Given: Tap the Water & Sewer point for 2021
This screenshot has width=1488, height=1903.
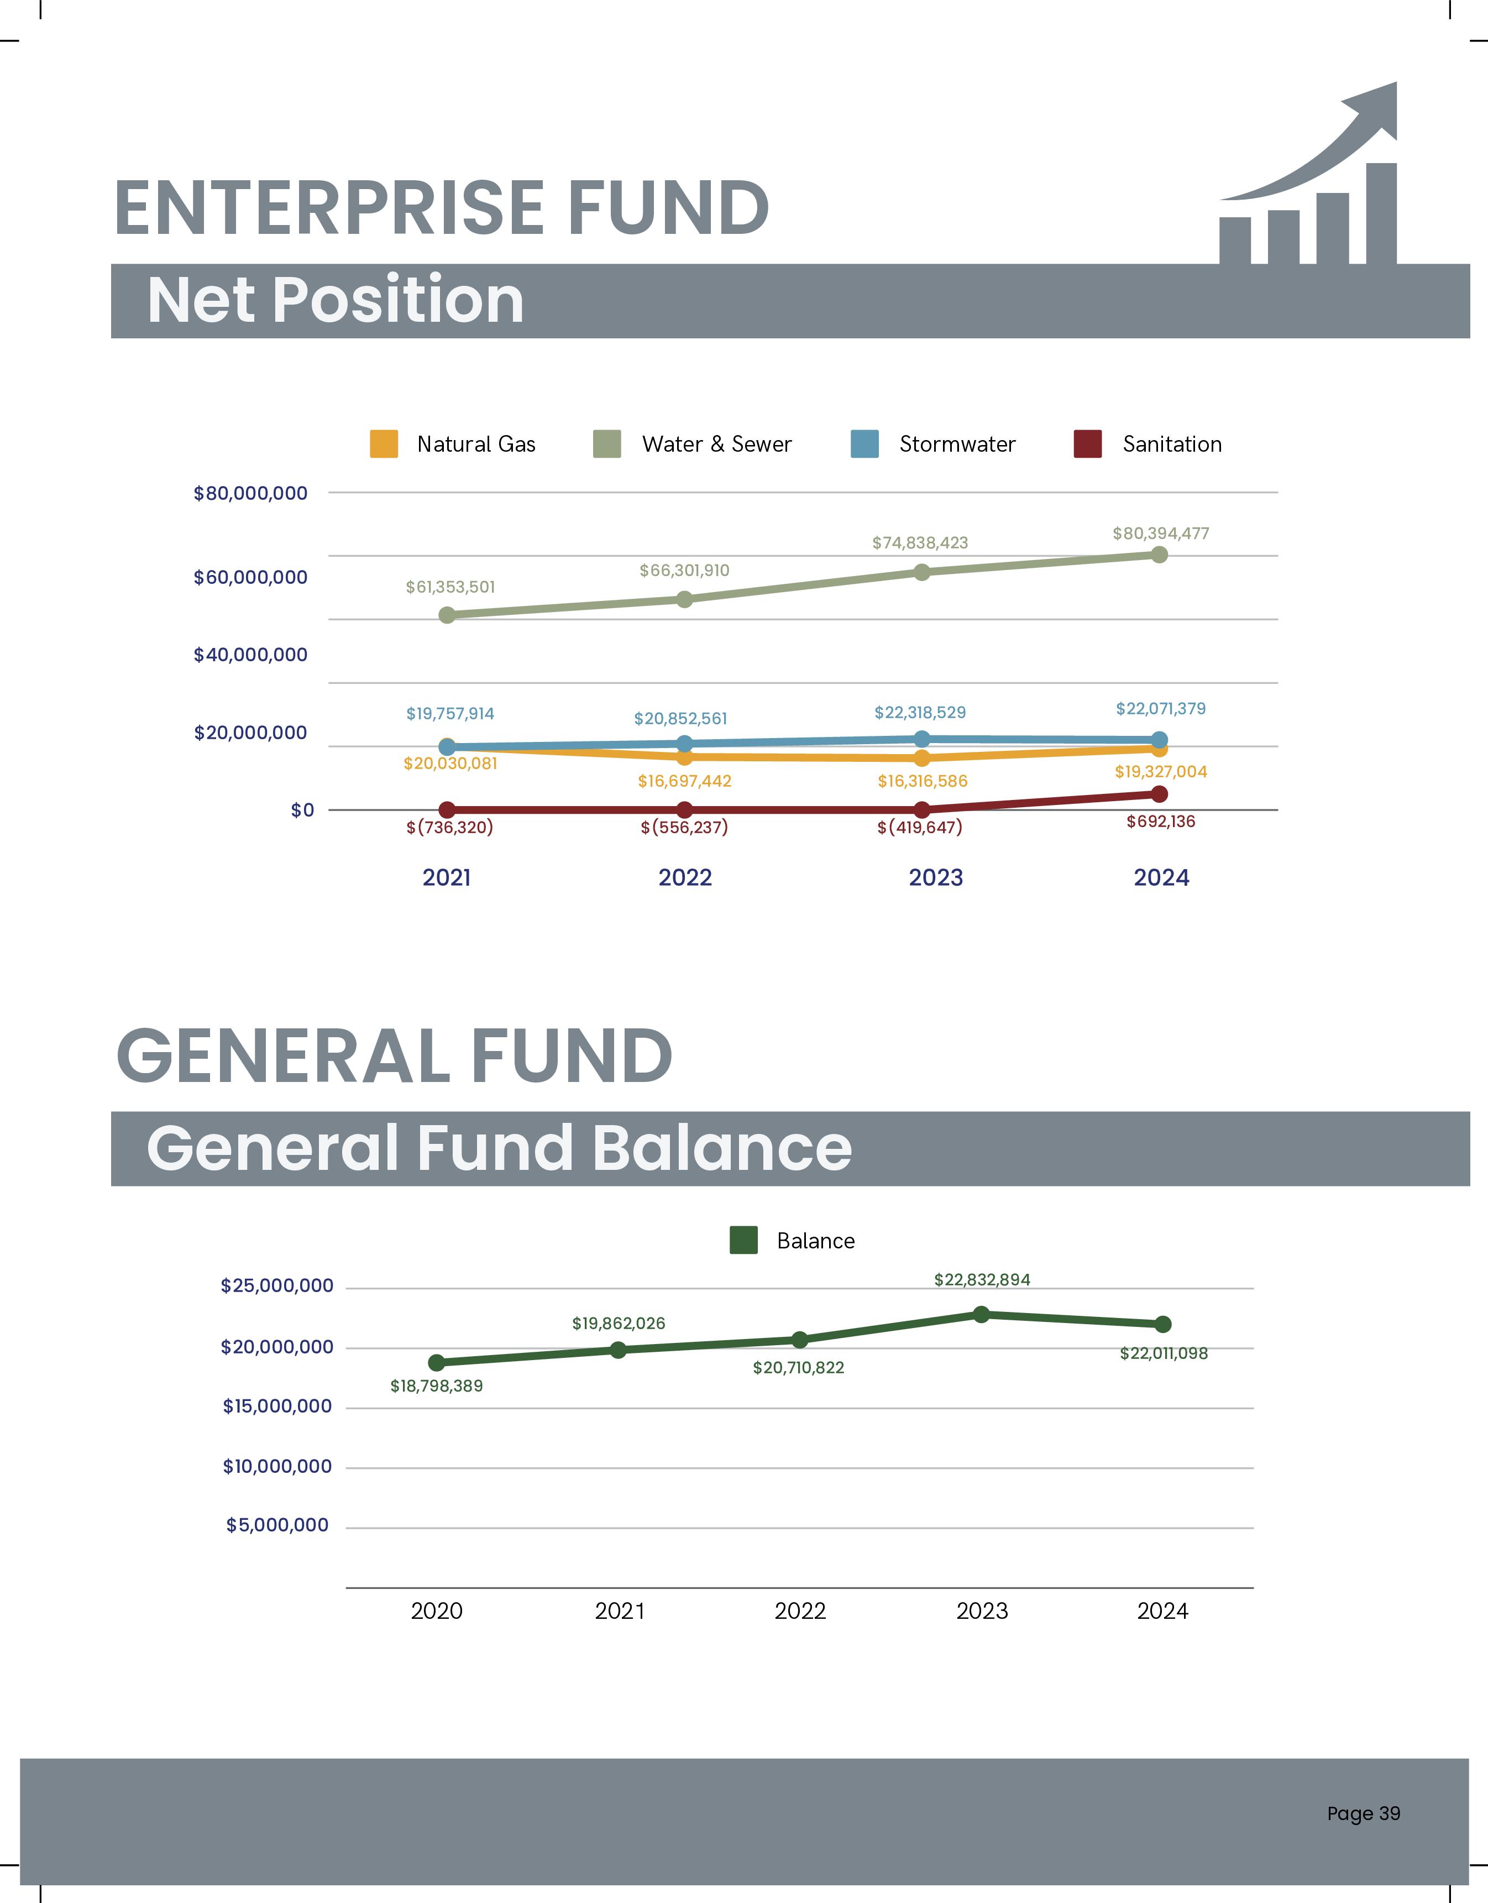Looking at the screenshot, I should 447,615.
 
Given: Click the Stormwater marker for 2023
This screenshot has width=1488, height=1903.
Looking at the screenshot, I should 922,739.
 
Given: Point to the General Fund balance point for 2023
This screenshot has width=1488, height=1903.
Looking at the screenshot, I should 981,1314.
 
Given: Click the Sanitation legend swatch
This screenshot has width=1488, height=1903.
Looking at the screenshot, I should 1087,443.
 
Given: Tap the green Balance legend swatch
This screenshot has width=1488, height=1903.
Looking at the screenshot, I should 743,1240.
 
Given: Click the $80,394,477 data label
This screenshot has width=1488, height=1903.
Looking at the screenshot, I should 1160,534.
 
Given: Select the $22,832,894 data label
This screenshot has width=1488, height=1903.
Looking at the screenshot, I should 982,1279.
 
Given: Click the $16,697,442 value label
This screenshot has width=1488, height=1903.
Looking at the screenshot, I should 685,781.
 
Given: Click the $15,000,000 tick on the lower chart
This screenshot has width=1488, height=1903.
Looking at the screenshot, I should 277,1407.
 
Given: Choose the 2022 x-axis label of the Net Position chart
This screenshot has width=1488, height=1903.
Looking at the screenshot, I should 685,877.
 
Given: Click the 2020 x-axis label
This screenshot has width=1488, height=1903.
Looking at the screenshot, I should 437,1611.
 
